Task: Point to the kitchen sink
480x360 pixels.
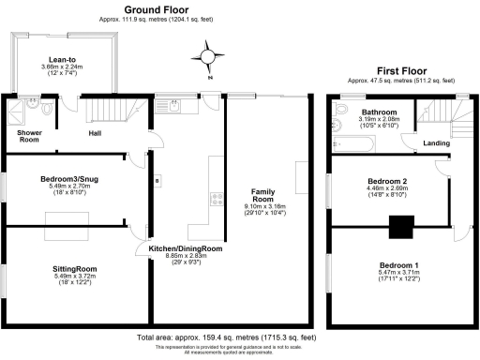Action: click(x=175, y=107)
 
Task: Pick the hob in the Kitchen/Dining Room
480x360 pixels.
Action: click(x=217, y=198)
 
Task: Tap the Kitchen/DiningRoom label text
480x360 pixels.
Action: click(x=186, y=248)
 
